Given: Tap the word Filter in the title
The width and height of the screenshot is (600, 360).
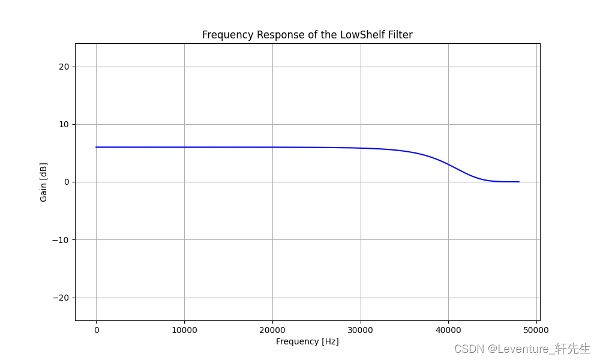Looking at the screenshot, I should [x=399, y=35].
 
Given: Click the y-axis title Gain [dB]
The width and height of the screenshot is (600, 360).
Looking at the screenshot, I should [x=43, y=182].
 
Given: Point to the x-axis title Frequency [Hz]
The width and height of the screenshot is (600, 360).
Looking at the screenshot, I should [x=307, y=341].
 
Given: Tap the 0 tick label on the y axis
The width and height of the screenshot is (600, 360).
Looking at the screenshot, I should [x=67, y=182].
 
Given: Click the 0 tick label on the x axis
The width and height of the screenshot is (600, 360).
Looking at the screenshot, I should [x=96, y=330].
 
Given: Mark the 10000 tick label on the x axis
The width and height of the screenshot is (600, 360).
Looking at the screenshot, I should [x=184, y=330].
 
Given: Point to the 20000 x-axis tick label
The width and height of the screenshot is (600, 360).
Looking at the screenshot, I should [x=272, y=330].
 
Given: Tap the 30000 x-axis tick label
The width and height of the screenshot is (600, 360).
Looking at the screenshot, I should [x=361, y=330].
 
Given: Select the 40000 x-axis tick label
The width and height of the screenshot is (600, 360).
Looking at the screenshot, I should [x=448, y=330].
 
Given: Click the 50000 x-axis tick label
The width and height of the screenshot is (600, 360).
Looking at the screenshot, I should [x=536, y=330].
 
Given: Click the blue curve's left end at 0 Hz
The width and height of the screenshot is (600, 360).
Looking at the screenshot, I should [x=96, y=147].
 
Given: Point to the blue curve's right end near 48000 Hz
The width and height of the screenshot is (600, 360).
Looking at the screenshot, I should [x=518, y=182].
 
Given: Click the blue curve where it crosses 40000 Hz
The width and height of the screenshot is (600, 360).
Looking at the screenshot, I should [x=448, y=164].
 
